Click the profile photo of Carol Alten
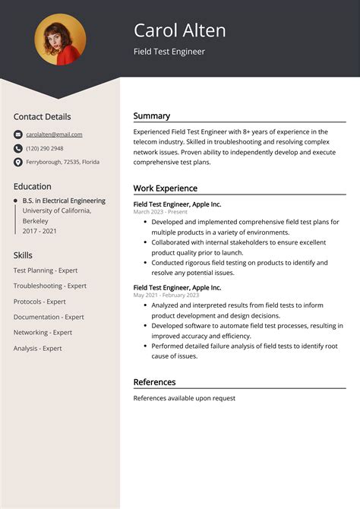[60, 40]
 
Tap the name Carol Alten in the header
[179, 30]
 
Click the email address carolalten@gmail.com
[54, 134]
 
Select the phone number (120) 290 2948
[45, 148]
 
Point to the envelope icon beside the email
[17, 134]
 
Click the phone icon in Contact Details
[17, 148]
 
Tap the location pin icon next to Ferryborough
[17, 162]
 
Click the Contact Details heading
[42, 117]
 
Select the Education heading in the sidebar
[32, 186]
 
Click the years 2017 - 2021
[40, 231]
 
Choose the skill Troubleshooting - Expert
[50, 286]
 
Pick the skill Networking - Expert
[43, 332]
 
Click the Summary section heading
[151, 116]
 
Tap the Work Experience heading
[165, 188]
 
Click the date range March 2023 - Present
[160, 212]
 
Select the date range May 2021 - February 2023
[166, 295]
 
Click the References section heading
[154, 382]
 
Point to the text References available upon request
[184, 398]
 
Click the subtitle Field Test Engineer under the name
[169, 52]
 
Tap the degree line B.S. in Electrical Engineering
[64, 201]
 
